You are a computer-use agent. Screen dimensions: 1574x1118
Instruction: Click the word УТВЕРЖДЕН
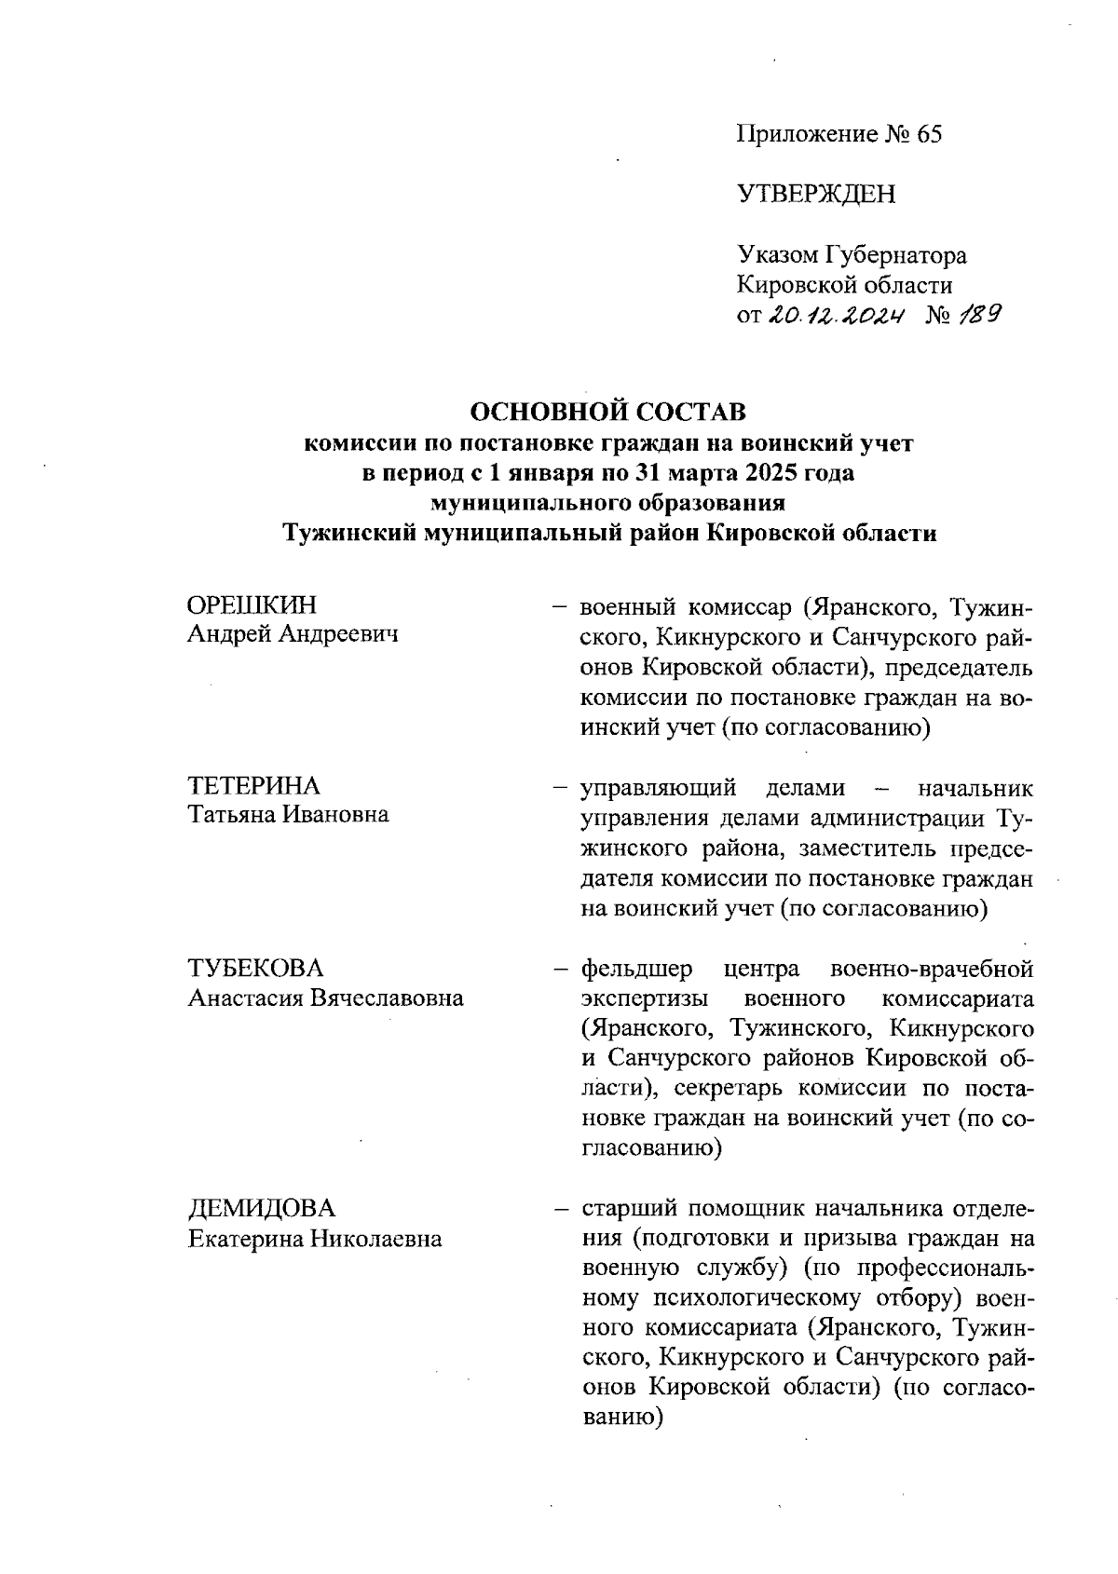[816, 194]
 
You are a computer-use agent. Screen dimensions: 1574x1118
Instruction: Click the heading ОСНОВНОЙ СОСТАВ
[609, 412]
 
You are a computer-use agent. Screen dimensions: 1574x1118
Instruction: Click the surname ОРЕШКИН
[252, 605]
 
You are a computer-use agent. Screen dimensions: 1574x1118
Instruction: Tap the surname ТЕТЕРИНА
[253, 785]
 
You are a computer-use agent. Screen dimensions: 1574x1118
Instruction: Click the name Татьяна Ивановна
[289, 815]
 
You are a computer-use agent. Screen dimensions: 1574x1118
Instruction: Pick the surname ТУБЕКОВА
[255, 968]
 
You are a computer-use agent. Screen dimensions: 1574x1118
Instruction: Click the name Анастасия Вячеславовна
[326, 998]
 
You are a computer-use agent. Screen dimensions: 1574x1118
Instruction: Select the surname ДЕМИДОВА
[261, 1209]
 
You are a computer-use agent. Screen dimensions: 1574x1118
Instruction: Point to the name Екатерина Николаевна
[315, 1240]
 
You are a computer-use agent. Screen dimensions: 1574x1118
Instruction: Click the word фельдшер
[636, 970]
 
